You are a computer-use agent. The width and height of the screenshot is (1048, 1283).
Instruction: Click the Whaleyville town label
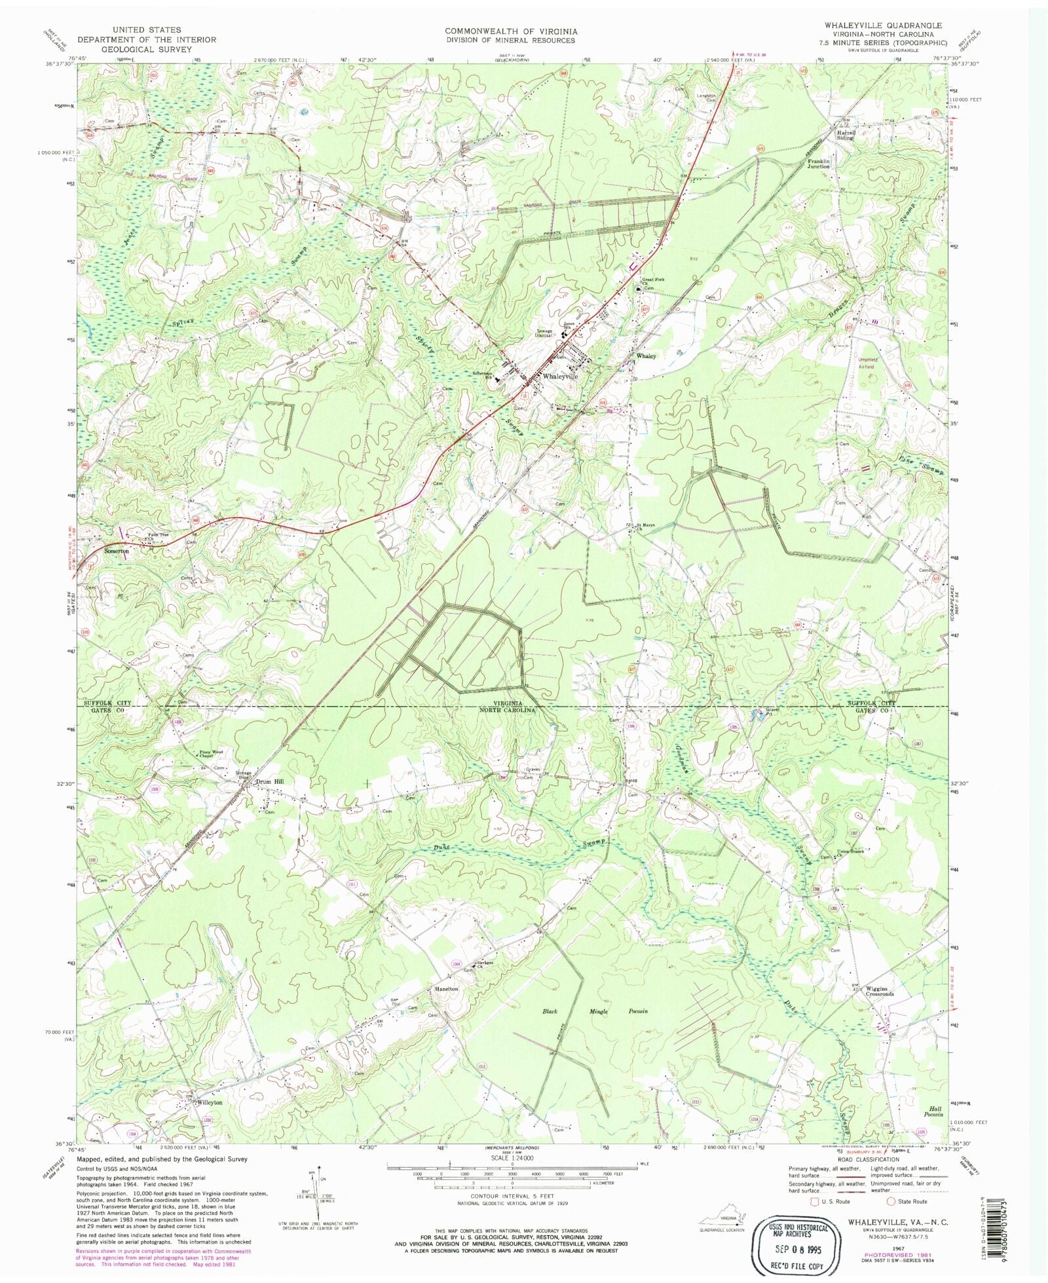point(559,377)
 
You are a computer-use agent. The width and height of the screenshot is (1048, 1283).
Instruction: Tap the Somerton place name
point(117,551)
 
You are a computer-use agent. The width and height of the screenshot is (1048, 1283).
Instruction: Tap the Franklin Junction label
point(818,164)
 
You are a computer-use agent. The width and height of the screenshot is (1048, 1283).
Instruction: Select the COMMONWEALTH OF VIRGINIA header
point(511,31)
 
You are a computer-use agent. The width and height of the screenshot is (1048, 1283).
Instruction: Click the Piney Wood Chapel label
point(212,754)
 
